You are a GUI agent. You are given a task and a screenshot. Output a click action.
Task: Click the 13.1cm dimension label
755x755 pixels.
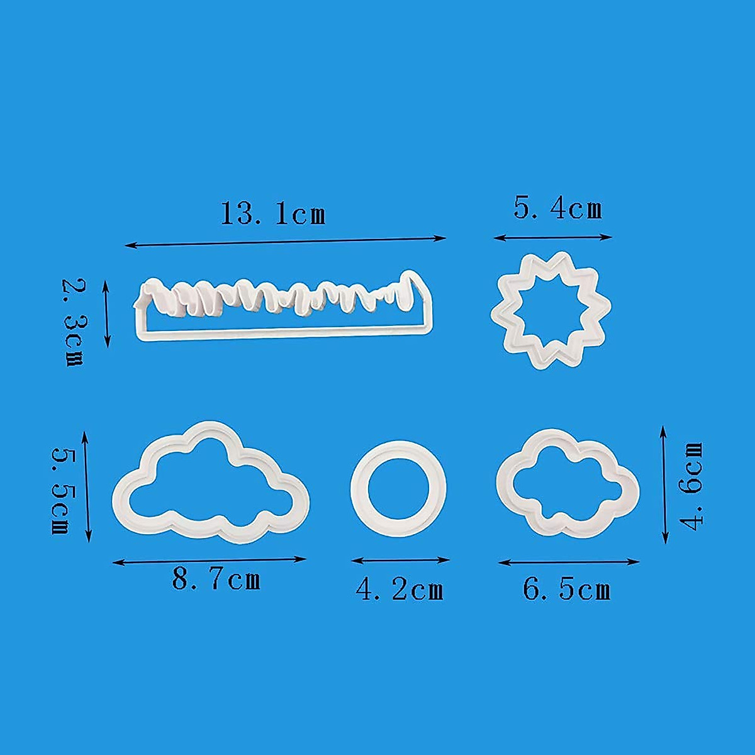click(x=273, y=214)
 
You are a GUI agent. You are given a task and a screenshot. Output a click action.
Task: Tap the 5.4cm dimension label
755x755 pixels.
click(x=557, y=208)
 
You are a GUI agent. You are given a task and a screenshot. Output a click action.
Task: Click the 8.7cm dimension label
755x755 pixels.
click(x=216, y=579)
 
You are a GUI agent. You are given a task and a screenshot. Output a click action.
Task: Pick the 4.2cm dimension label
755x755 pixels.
click(x=400, y=590)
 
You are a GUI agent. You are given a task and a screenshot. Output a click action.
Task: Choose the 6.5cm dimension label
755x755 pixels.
click(x=566, y=590)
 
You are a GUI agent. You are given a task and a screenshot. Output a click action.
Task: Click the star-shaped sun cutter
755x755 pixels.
click(x=551, y=310)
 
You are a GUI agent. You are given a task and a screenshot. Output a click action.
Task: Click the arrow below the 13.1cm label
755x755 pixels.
click(x=285, y=242)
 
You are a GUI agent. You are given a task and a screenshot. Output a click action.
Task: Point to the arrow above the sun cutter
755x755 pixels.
click(x=552, y=237)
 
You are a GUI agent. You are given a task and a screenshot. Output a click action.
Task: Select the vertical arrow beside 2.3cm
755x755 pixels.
click(x=107, y=314)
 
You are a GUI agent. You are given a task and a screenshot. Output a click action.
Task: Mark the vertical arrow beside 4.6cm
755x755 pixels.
click(x=664, y=484)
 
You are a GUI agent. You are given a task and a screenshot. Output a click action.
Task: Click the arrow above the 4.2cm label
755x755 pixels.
click(x=400, y=559)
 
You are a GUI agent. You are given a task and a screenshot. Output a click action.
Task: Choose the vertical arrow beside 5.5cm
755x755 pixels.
click(x=87, y=486)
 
